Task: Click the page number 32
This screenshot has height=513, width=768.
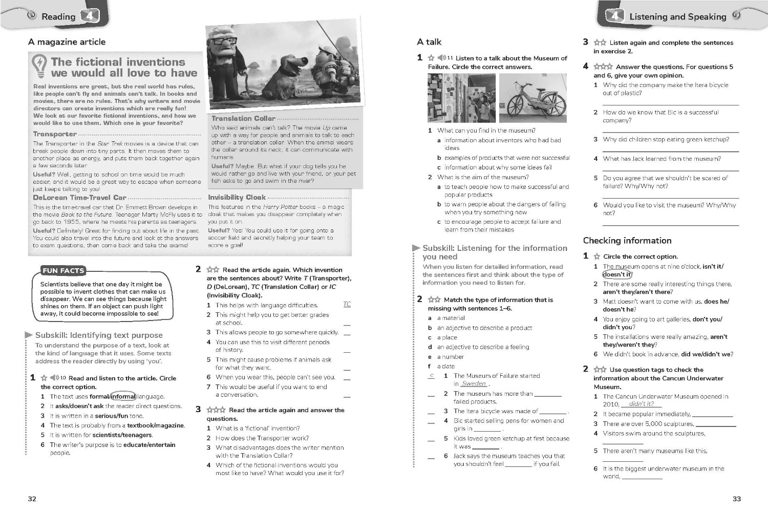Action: coord(32,499)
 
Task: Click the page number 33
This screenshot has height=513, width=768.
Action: coord(736,499)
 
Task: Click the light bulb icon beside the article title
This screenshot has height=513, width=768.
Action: coord(39,66)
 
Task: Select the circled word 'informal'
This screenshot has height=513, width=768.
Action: coord(123,396)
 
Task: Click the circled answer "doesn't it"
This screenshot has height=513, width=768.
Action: coord(617,274)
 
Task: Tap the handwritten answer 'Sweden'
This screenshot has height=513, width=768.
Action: coord(474,383)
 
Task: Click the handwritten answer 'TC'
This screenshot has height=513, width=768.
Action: coord(347,304)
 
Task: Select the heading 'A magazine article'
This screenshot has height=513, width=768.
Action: coord(67,42)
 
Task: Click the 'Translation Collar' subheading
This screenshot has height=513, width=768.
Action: coord(243,118)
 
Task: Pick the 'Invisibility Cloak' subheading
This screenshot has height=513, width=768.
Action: coord(237,197)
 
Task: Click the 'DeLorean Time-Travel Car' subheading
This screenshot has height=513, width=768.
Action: coord(79,198)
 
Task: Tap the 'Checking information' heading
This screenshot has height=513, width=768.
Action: coord(627,241)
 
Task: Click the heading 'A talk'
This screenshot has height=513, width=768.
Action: coord(429,42)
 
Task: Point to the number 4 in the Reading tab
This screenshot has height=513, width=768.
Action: coord(90,16)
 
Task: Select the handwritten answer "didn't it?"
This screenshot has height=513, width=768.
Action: coord(641,404)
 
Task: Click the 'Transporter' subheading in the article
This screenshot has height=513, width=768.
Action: coord(55,134)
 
